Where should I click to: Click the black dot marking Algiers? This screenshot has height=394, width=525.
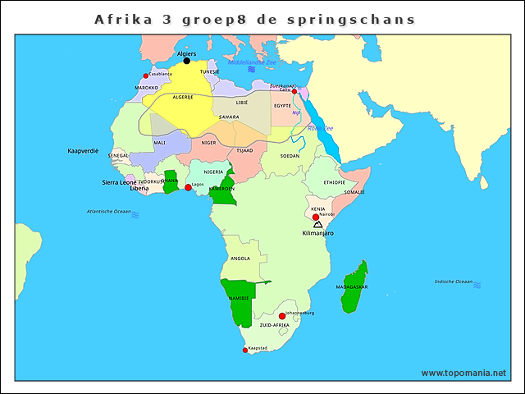[186, 61]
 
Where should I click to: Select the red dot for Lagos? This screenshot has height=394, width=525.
[188, 188]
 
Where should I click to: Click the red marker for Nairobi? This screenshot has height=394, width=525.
[316, 218]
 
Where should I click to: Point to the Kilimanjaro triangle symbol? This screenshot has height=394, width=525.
[317, 224]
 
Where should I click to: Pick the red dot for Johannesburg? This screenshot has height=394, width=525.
[281, 316]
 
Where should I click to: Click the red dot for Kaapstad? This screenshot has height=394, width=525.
[244, 350]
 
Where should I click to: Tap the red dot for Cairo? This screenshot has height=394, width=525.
[294, 92]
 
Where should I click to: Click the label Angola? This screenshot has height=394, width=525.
[241, 258]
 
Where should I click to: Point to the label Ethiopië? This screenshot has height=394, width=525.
[334, 182]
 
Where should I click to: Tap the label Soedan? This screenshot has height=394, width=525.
[290, 155]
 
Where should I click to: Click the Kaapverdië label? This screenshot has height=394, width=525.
[83, 151]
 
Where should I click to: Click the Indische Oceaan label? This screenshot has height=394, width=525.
[454, 282]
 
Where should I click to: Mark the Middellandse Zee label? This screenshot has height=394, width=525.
[252, 62]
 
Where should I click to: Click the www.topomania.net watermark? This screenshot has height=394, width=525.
[463, 373]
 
